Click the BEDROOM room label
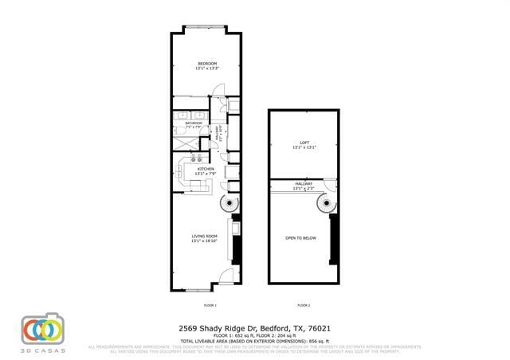tap(206, 63)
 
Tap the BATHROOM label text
tap(194, 123)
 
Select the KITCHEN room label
tap(206, 169)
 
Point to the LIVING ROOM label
tap(205, 236)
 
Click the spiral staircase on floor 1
tap(230, 205)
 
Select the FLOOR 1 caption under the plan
tap(210, 305)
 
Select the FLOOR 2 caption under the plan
tap(304, 305)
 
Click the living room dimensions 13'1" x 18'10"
tap(205, 241)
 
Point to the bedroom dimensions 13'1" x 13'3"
tap(206, 68)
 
